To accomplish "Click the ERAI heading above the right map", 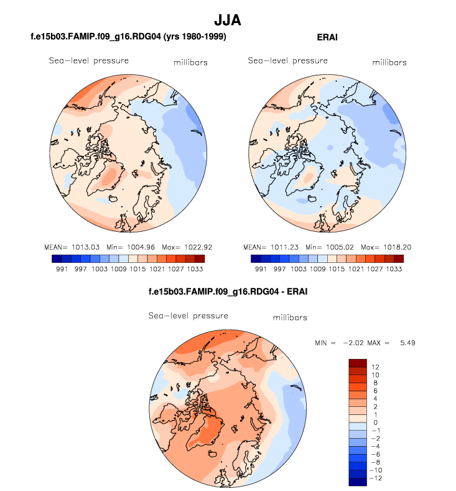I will pyautogui.click(x=327, y=37).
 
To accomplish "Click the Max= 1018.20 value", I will pyautogui.click(x=381, y=245).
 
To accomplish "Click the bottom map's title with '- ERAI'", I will pyautogui.click(x=228, y=292).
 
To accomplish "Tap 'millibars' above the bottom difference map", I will pyautogui.click(x=290, y=318).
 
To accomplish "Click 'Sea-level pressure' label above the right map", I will pyautogui.click(x=287, y=61).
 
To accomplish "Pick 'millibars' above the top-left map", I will pyautogui.click(x=190, y=62).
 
